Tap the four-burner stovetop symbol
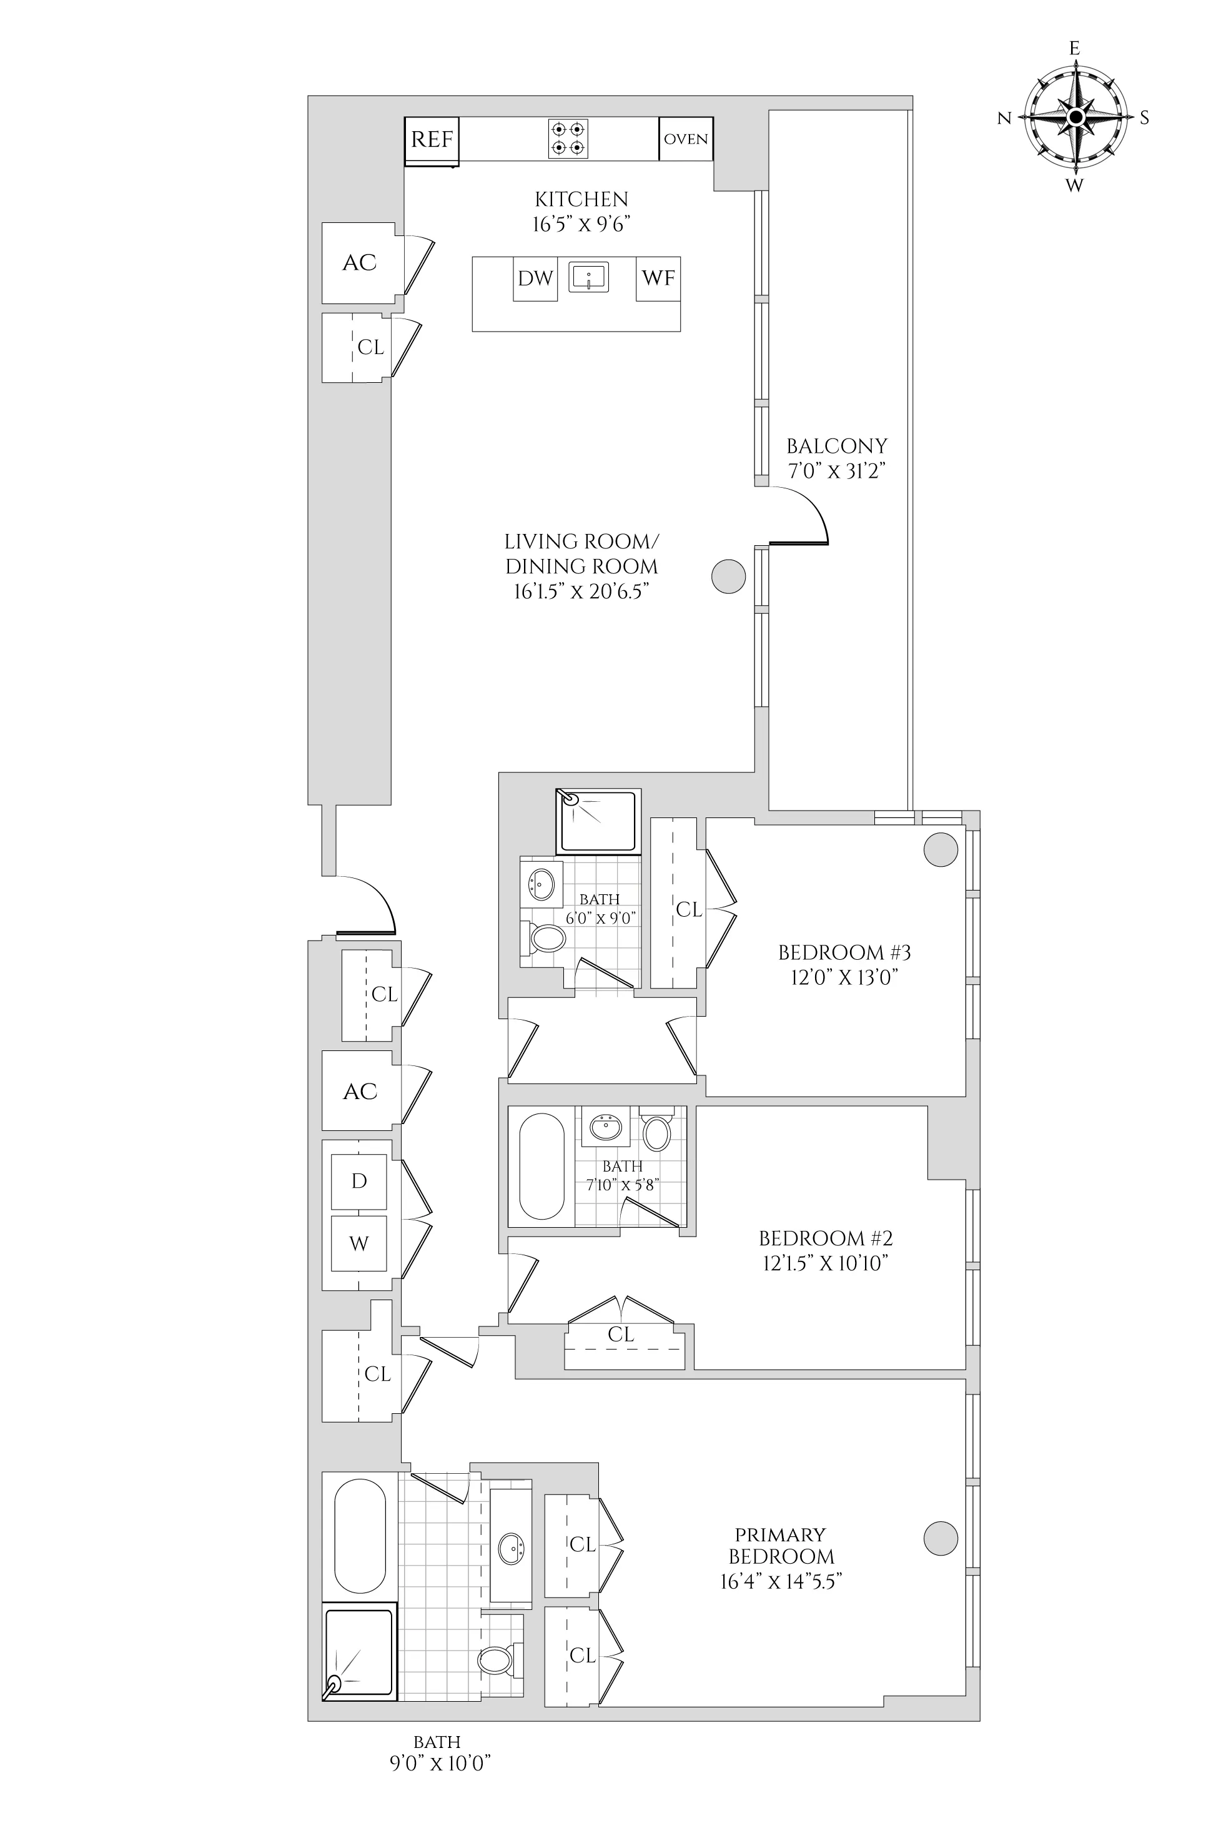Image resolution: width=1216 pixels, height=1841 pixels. (568, 139)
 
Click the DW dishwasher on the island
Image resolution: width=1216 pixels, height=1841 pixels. (535, 279)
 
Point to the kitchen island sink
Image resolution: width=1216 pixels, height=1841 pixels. (588, 277)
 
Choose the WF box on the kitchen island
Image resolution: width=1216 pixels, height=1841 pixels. (658, 279)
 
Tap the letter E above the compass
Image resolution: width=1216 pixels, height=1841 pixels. (1075, 49)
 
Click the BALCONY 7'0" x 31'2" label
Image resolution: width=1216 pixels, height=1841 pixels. (837, 458)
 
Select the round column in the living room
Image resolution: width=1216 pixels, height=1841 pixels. (729, 576)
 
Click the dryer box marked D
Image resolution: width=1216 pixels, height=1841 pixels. (359, 1181)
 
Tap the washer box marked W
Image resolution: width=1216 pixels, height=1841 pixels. (359, 1244)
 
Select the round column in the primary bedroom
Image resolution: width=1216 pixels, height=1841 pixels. (941, 1537)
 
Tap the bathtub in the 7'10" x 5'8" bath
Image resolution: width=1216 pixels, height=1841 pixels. (541, 1167)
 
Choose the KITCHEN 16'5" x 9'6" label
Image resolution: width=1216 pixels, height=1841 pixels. (581, 212)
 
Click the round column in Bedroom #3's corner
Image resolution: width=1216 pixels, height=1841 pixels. (941, 850)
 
